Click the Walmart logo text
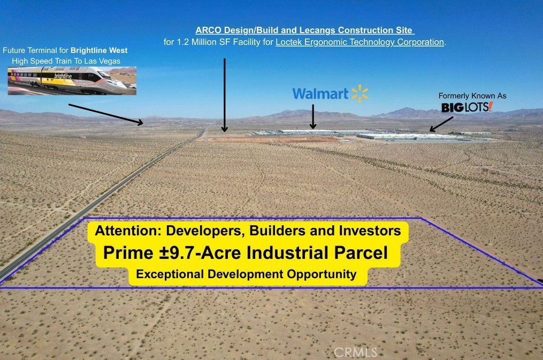320,94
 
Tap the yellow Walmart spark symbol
360,94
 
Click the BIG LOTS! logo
467,107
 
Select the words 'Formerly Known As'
472,96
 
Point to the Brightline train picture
72,81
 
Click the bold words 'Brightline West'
99,50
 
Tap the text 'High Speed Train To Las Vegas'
66,61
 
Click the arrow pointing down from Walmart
313,117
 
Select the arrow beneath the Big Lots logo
441,124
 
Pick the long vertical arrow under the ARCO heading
224,95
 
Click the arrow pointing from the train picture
105,114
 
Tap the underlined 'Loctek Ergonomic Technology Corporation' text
360,42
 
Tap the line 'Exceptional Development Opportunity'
246,274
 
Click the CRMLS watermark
355,353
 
